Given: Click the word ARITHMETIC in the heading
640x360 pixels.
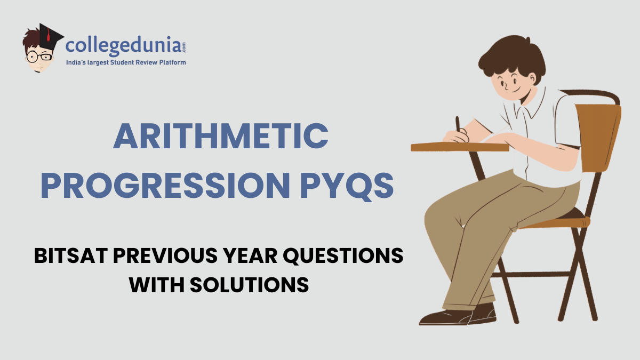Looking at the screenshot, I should tap(220, 136).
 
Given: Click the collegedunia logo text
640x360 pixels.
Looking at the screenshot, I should tap(126, 46).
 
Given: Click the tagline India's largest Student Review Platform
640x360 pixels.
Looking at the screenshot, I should tap(126, 63).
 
